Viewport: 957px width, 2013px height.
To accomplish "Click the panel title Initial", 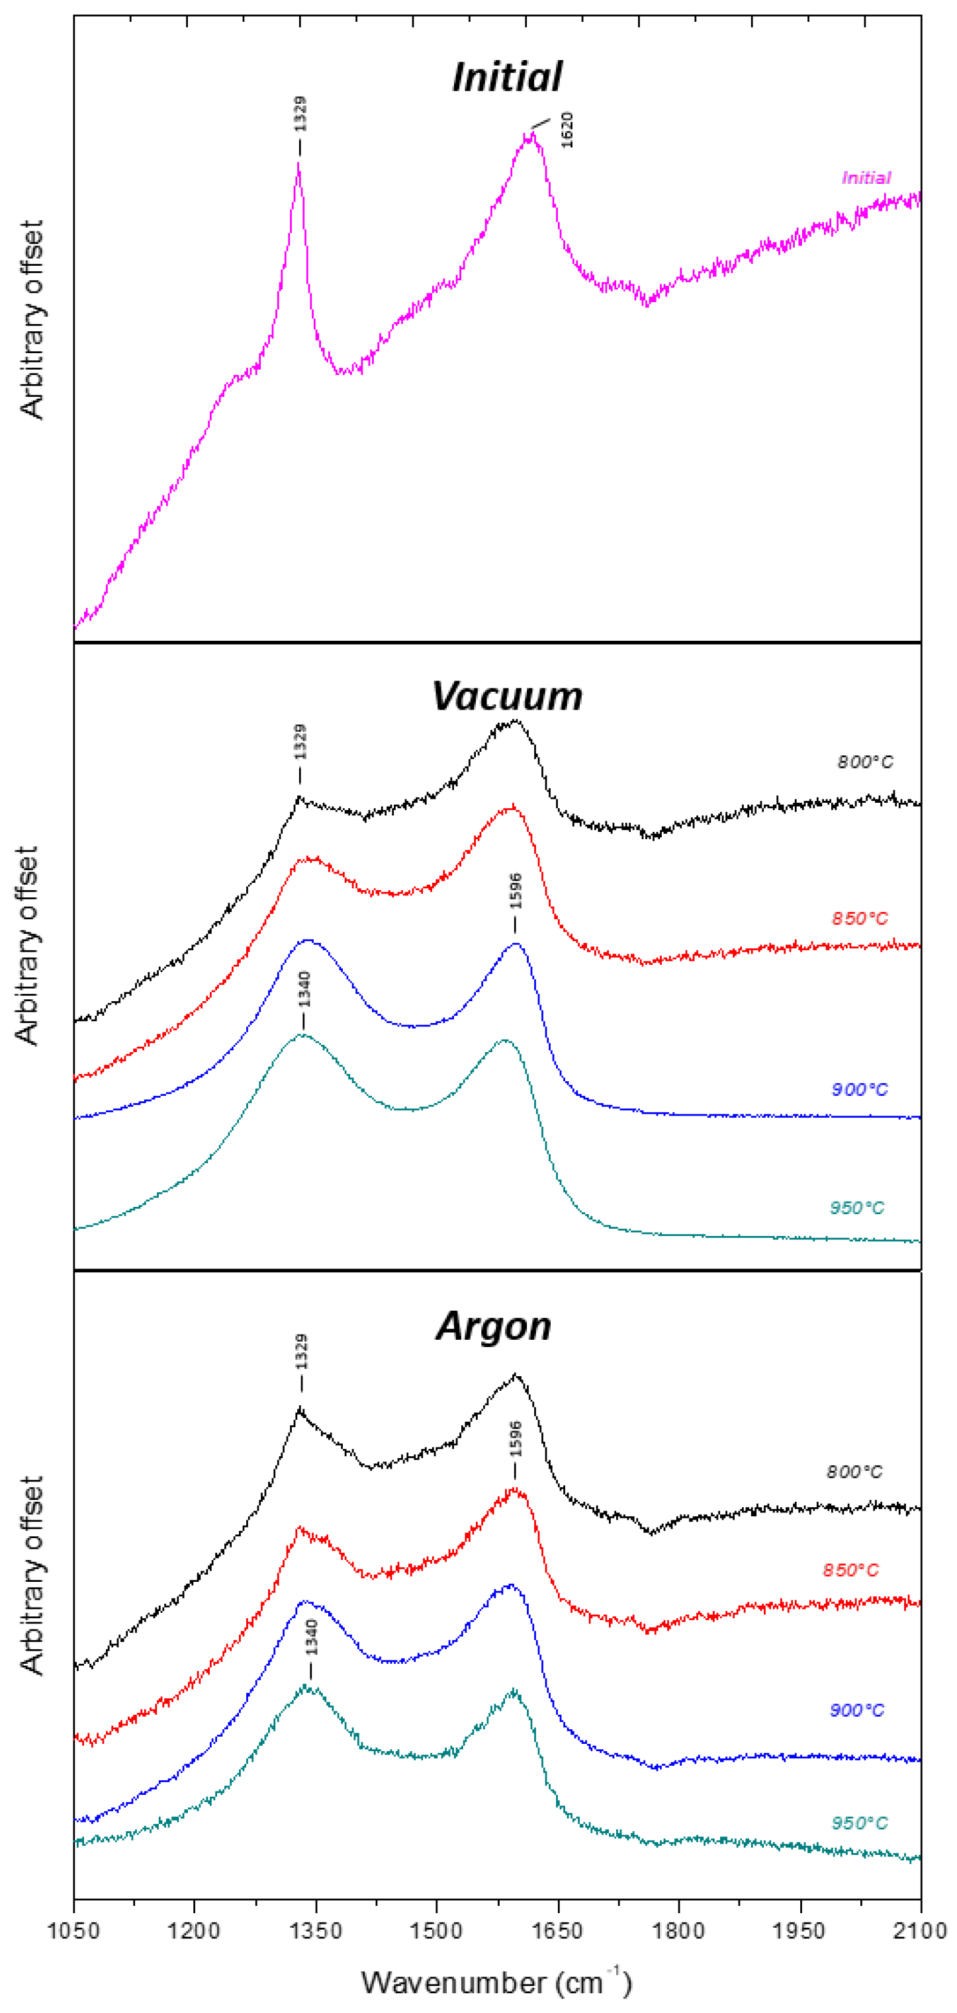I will (507, 77).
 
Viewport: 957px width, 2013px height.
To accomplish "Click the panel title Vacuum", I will (507, 696).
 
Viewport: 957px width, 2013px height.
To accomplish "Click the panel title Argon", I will (494, 1326).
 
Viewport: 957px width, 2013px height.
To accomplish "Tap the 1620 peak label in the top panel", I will (567, 130).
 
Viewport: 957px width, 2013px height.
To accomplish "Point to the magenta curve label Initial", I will (866, 178).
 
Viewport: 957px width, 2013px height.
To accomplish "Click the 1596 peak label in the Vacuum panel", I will (516, 891).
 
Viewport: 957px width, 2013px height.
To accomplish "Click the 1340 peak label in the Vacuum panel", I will (305, 989).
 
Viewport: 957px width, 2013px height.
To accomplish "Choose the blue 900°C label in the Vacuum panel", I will (859, 1089).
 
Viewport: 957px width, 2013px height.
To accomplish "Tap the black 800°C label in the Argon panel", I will (854, 1472).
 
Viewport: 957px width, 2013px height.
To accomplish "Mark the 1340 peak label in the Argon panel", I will (311, 1638).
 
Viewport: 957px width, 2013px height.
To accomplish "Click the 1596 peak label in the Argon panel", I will (516, 1440).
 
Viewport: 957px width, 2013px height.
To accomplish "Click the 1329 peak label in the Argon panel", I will (301, 1352).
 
